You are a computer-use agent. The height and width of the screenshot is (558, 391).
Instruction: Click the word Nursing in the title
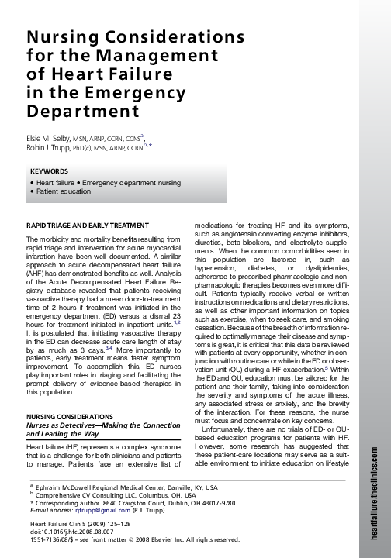(x=64, y=38)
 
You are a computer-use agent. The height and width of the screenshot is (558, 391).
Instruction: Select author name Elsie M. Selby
(x=50, y=136)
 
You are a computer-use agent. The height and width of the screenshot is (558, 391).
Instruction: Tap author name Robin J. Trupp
(x=52, y=146)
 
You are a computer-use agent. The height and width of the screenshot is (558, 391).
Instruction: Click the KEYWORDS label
(x=50, y=170)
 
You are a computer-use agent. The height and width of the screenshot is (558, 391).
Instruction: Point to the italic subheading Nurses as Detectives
(x=61, y=425)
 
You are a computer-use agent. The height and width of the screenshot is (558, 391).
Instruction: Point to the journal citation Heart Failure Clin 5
(x=54, y=525)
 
